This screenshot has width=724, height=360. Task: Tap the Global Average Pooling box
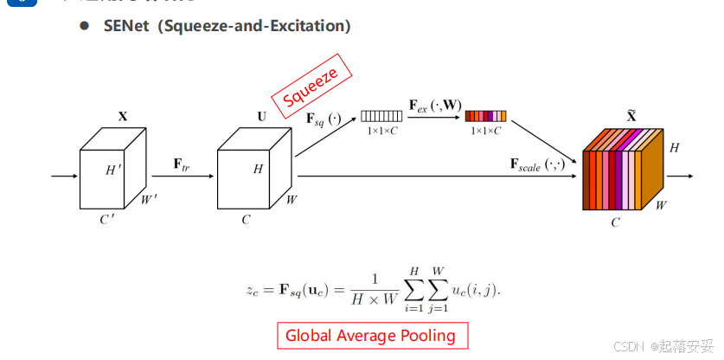pos(371,335)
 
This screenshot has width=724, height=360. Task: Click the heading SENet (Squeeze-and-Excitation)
pos(227,26)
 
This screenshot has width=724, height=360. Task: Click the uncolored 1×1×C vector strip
pos(381,116)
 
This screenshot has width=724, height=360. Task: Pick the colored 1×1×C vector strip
pos(485,115)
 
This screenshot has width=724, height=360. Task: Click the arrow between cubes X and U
pos(183,176)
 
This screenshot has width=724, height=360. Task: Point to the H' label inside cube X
pos(113,170)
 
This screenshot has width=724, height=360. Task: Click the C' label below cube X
pos(107,218)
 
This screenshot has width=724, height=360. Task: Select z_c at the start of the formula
pos(253,287)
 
